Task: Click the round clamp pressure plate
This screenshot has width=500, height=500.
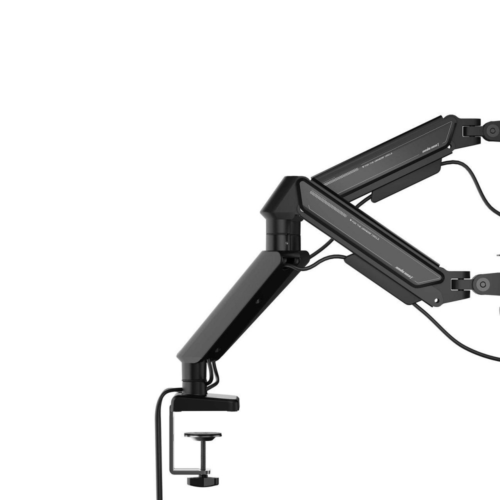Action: tap(202, 435)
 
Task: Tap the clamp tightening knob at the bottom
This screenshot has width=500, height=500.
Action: tap(202, 481)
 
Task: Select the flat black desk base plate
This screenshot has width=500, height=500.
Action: tap(210, 401)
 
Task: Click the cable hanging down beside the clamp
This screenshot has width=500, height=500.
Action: tap(159, 450)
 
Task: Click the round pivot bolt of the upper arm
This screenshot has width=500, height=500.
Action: tap(492, 131)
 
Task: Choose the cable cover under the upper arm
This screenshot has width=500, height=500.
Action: tap(405, 182)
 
